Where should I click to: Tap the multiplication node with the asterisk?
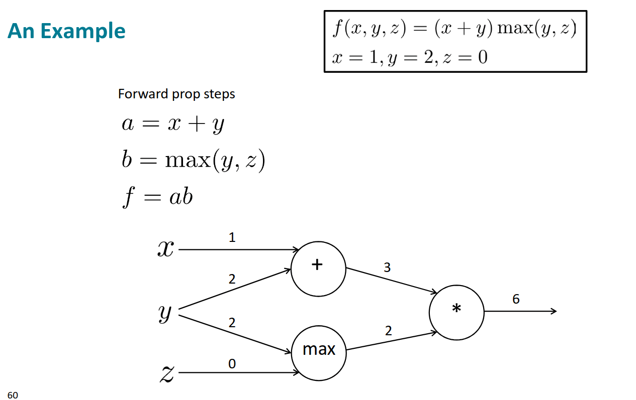click(x=457, y=312)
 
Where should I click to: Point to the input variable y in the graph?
click(x=165, y=313)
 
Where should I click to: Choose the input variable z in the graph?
click(x=167, y=373)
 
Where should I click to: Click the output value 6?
click(x=516, y=299)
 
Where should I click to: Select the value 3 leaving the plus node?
click(x=387, y=268)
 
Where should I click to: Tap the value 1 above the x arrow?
click(x=232, y=237)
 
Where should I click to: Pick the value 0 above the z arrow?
click(x=232, y=363)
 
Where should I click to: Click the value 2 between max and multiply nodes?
click(x=388, y=331)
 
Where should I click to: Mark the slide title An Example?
click(x=66, y=31)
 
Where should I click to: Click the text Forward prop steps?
click(x=176, y=94)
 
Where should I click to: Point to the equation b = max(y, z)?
click(x=193, y=161)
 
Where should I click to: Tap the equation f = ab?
click(x=157, y=197)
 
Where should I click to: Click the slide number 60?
click(x=13, y=395)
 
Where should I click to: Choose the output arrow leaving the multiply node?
click(x=520, y=312)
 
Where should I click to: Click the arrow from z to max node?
click(x=239, y=373)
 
